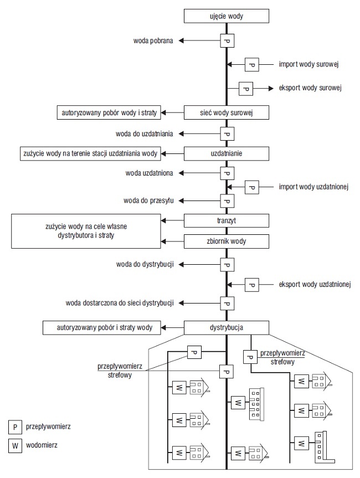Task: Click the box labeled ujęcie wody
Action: click(226, 16)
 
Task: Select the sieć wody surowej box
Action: click(226, 112)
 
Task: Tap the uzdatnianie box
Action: click(226, 153)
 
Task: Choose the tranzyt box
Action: click(226, 220)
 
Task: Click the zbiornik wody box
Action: click(226, 241)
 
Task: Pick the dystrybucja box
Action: click(226, 328)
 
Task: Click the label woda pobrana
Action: click(153, 40)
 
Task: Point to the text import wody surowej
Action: click(309, 64)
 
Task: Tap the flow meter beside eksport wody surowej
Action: click(246, 89)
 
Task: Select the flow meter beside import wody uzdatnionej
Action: click(252, 187)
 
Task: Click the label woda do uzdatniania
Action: click(145, 134)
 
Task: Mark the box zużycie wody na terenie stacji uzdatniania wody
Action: click(90, 153)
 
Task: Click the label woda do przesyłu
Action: click(149, 201)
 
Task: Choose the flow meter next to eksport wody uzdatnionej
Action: click(252, 285)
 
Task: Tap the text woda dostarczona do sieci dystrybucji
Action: click(120, 303)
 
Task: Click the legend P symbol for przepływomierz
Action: click(15, 427)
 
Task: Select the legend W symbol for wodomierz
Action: click(15, 446)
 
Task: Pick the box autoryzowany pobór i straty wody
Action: click(101, 328)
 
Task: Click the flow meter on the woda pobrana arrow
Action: click(227, 40)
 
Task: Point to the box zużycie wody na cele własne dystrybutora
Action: click(86, 231)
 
